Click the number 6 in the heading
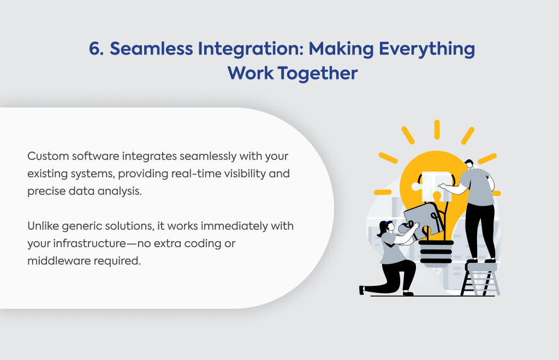pos(95,49)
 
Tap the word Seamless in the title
pos(151,49)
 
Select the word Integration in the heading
pos(251,49)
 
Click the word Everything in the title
pos(427,49)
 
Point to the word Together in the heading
pos(317,73)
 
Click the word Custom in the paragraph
pos(48,156)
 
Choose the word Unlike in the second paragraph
pos(43,226)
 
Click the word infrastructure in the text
pos(90,243)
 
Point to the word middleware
pos(59,261)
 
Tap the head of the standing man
pos(469,164)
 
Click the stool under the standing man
pos(480,279)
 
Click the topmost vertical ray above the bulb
pos(437,130)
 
